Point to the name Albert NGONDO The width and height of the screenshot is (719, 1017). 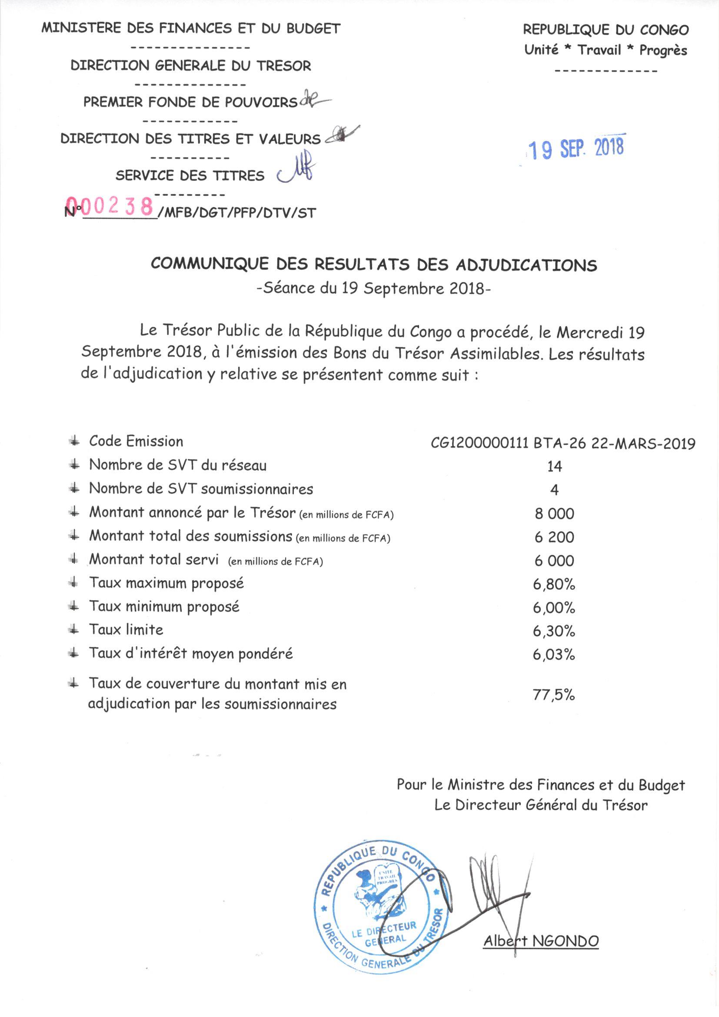coord(541,941)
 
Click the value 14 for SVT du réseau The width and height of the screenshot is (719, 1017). coord(554,466)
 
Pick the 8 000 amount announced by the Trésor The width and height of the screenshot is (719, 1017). coord(554,514)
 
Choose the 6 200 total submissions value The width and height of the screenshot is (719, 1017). coord(554,537)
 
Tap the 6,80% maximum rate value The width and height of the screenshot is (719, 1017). coord(554,585)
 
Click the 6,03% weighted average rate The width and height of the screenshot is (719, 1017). coord(554,655)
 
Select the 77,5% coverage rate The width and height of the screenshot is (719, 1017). coord(554,695)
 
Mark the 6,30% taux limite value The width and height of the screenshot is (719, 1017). coord(554,631)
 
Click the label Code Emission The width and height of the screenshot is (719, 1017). coord(136,441)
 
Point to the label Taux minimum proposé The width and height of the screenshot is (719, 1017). coord(164,606)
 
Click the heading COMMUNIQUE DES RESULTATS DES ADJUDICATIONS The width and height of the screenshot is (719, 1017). coord(374,265)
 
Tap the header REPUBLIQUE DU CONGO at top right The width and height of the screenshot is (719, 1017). coord(606,30)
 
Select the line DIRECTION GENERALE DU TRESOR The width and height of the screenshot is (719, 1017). coord(191,66)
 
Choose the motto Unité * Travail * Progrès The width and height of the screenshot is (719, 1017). coord(606,50)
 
